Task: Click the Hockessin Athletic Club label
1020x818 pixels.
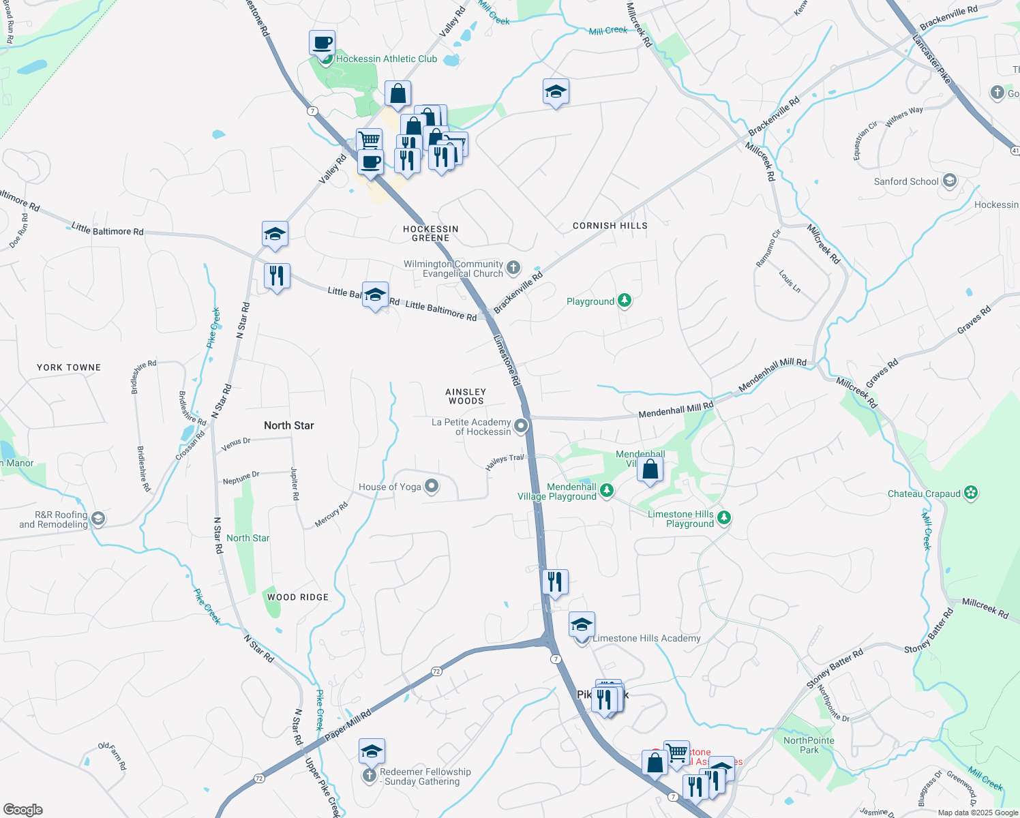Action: (x=386, y=59)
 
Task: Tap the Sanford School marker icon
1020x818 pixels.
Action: (x=950, y=181)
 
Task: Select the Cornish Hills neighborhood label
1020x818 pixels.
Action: (x=610, y=226)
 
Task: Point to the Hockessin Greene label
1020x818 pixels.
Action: (x=430, y=234)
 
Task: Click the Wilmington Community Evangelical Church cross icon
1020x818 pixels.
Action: (x=513, y=268)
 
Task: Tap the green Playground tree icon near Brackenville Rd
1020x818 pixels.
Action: (x=624, y=301)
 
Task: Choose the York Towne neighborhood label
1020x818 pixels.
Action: (x=69, y=367)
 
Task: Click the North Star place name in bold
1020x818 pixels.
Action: (x=289, y=425)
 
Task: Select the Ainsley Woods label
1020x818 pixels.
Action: (x=466, y=396)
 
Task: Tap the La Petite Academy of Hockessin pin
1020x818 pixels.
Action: (x=521, y=426)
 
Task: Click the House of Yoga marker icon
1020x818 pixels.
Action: (x=431, y=486)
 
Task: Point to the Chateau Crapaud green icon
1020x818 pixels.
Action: (x=971, y=493)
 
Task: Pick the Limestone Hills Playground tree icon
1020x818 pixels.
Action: (x=724, y=518)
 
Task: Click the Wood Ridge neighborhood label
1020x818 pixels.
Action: (x=298, y=597)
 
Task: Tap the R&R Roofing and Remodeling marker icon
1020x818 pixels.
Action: (x=97, y=519)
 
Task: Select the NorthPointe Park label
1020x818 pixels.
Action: (x=809, y=745)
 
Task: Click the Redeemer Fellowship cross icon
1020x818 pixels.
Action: (x=369, y=776)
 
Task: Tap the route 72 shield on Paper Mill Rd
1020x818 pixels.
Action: (x=436, y=671)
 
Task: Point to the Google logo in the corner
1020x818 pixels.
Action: (x=23, y=810)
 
